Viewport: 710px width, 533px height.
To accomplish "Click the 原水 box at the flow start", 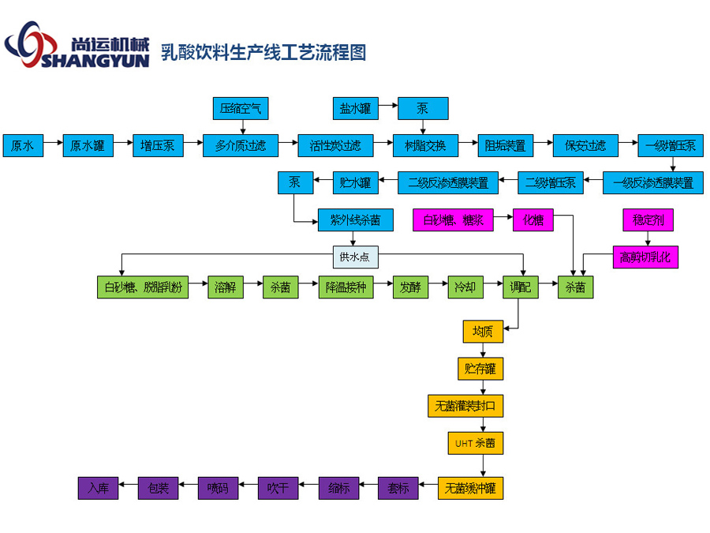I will [x=22, y=146].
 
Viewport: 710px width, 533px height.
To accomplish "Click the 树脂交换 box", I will [x=425, y=146].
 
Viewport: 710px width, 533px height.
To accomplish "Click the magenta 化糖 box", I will [x=533, y=220].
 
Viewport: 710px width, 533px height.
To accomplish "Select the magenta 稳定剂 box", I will [x=648, y=220].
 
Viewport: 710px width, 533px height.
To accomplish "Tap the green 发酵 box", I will [x=410, y=288].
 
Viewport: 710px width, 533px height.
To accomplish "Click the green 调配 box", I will [x=521, y=288].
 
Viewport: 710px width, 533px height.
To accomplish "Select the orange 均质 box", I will [x=483, y=332].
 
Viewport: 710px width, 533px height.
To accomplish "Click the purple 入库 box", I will [x=98, y=488].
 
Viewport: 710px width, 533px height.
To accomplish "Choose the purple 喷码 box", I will [x=218, y=488].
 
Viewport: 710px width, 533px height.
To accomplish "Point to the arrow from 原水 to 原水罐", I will [x=52, y=146].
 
